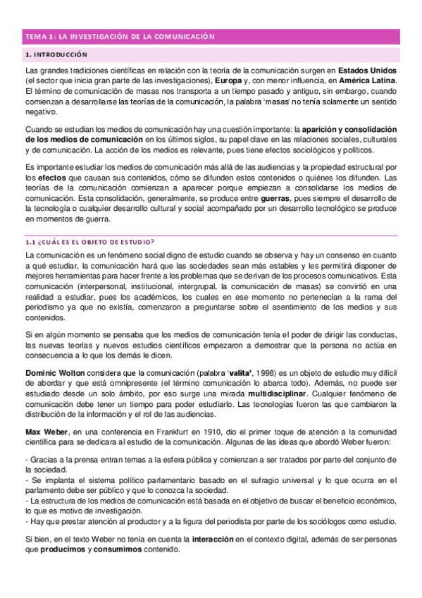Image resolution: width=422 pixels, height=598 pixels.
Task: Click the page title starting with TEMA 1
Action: (119, 35)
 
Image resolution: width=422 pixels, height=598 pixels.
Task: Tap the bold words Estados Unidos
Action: (367, 71)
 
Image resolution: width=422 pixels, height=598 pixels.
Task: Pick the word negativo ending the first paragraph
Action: (40, 111)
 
